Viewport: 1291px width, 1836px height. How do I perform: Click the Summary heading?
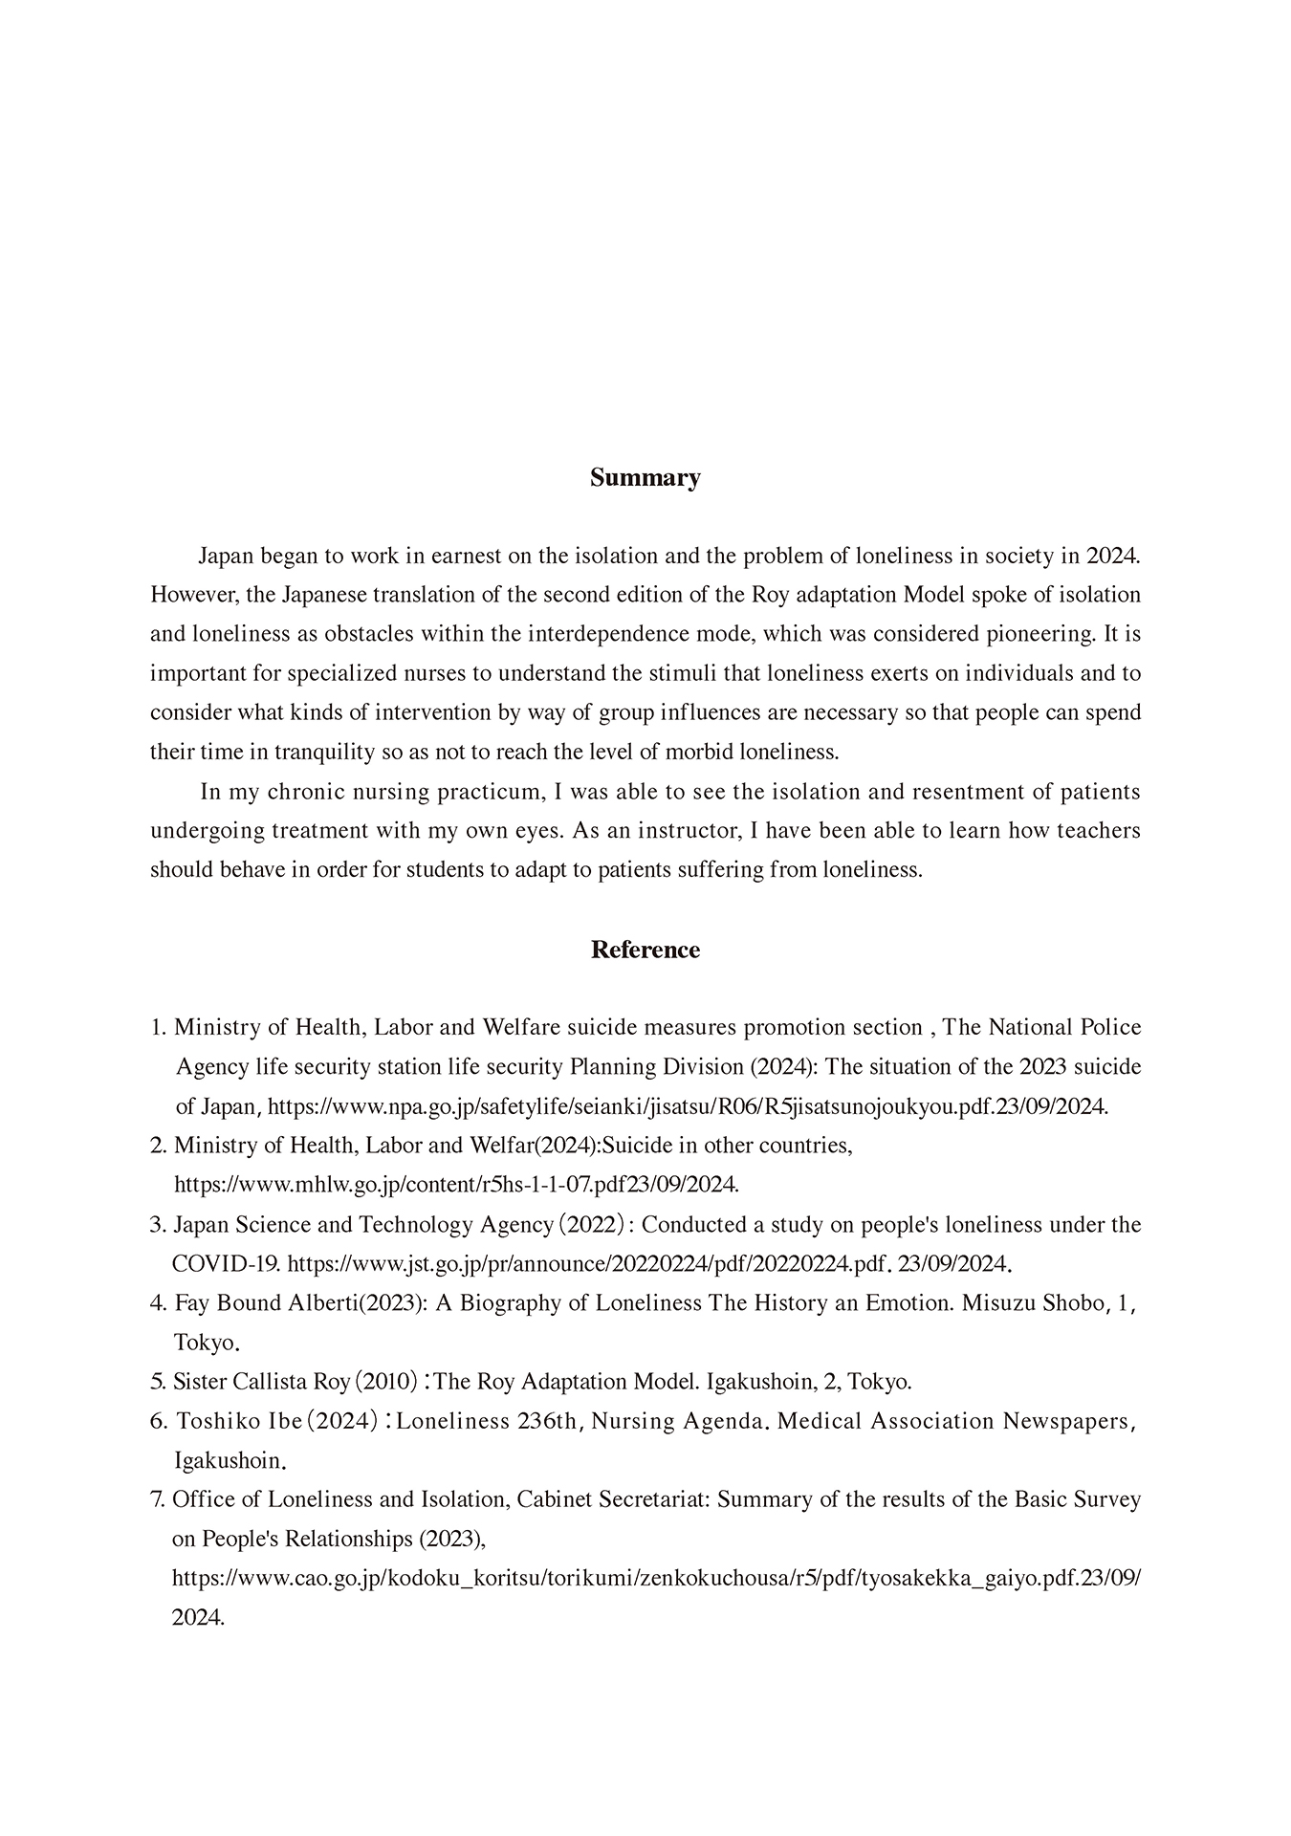click(x=645, y=478)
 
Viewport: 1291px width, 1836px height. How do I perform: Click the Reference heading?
click(x=645, y=950)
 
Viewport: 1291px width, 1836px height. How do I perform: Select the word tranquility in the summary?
click(x=324, y=752)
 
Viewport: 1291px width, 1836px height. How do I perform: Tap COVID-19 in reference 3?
click(x=226, y=1264)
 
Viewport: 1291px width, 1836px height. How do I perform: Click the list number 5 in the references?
click(x=157, y=1382)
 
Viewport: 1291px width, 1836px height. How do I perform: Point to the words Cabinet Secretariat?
click(x=611, y=1499)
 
